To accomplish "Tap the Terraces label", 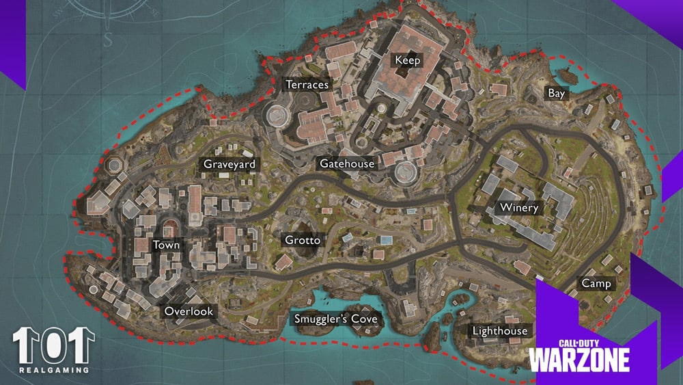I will point(307,85).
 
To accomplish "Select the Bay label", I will point(557,94).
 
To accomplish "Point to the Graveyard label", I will point(229,164).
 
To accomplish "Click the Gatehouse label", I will point(347,164).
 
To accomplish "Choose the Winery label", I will point(519,208).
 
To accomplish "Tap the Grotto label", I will point(302,241).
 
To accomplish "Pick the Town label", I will point(166,245).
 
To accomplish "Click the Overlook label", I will point(189,312).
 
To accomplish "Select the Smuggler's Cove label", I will point(335,319).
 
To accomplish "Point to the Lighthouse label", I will point(500,331).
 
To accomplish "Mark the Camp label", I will point(596,283).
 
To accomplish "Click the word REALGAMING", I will point(53,370).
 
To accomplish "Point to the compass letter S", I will point(108,39).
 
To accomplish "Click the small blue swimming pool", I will point(386,241).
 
